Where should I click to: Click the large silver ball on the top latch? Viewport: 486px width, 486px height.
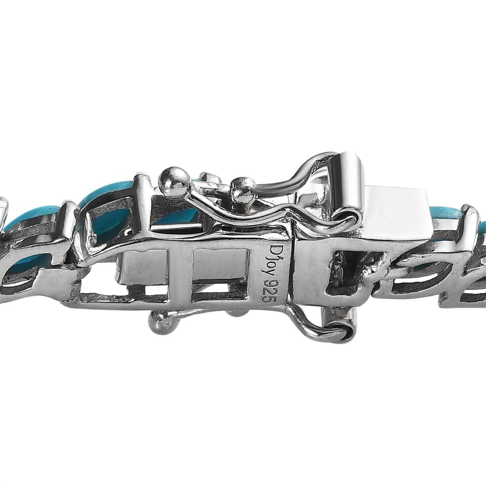coord(173,181)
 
